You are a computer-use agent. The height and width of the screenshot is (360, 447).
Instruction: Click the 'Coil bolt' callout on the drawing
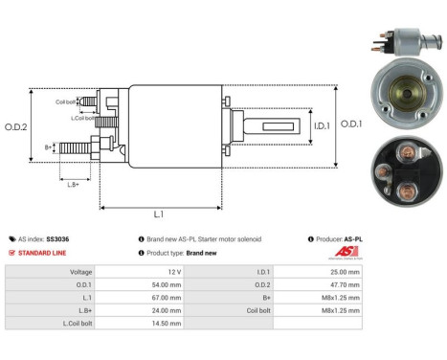pyautogui.click(x=66, y=101)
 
